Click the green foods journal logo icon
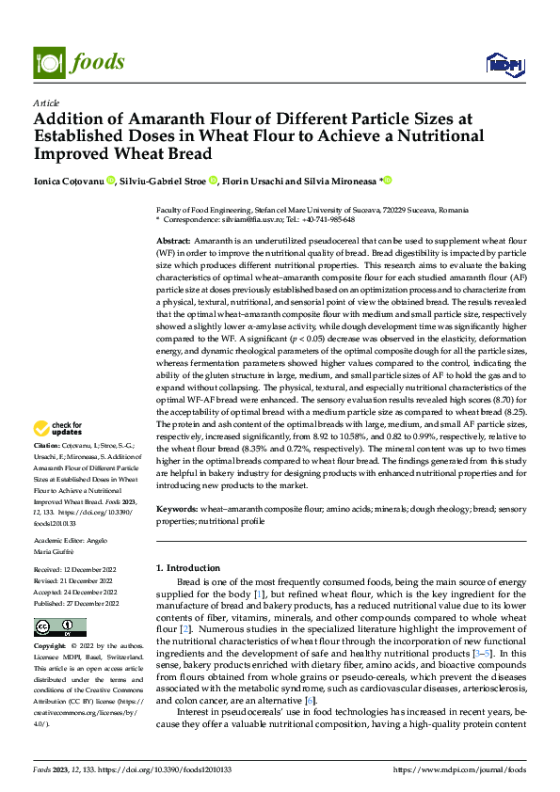49,62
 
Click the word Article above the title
45,103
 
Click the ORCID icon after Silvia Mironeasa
386,181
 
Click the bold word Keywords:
176,507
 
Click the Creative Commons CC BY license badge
59,628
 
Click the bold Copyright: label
49,647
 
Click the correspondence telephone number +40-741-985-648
328,219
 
